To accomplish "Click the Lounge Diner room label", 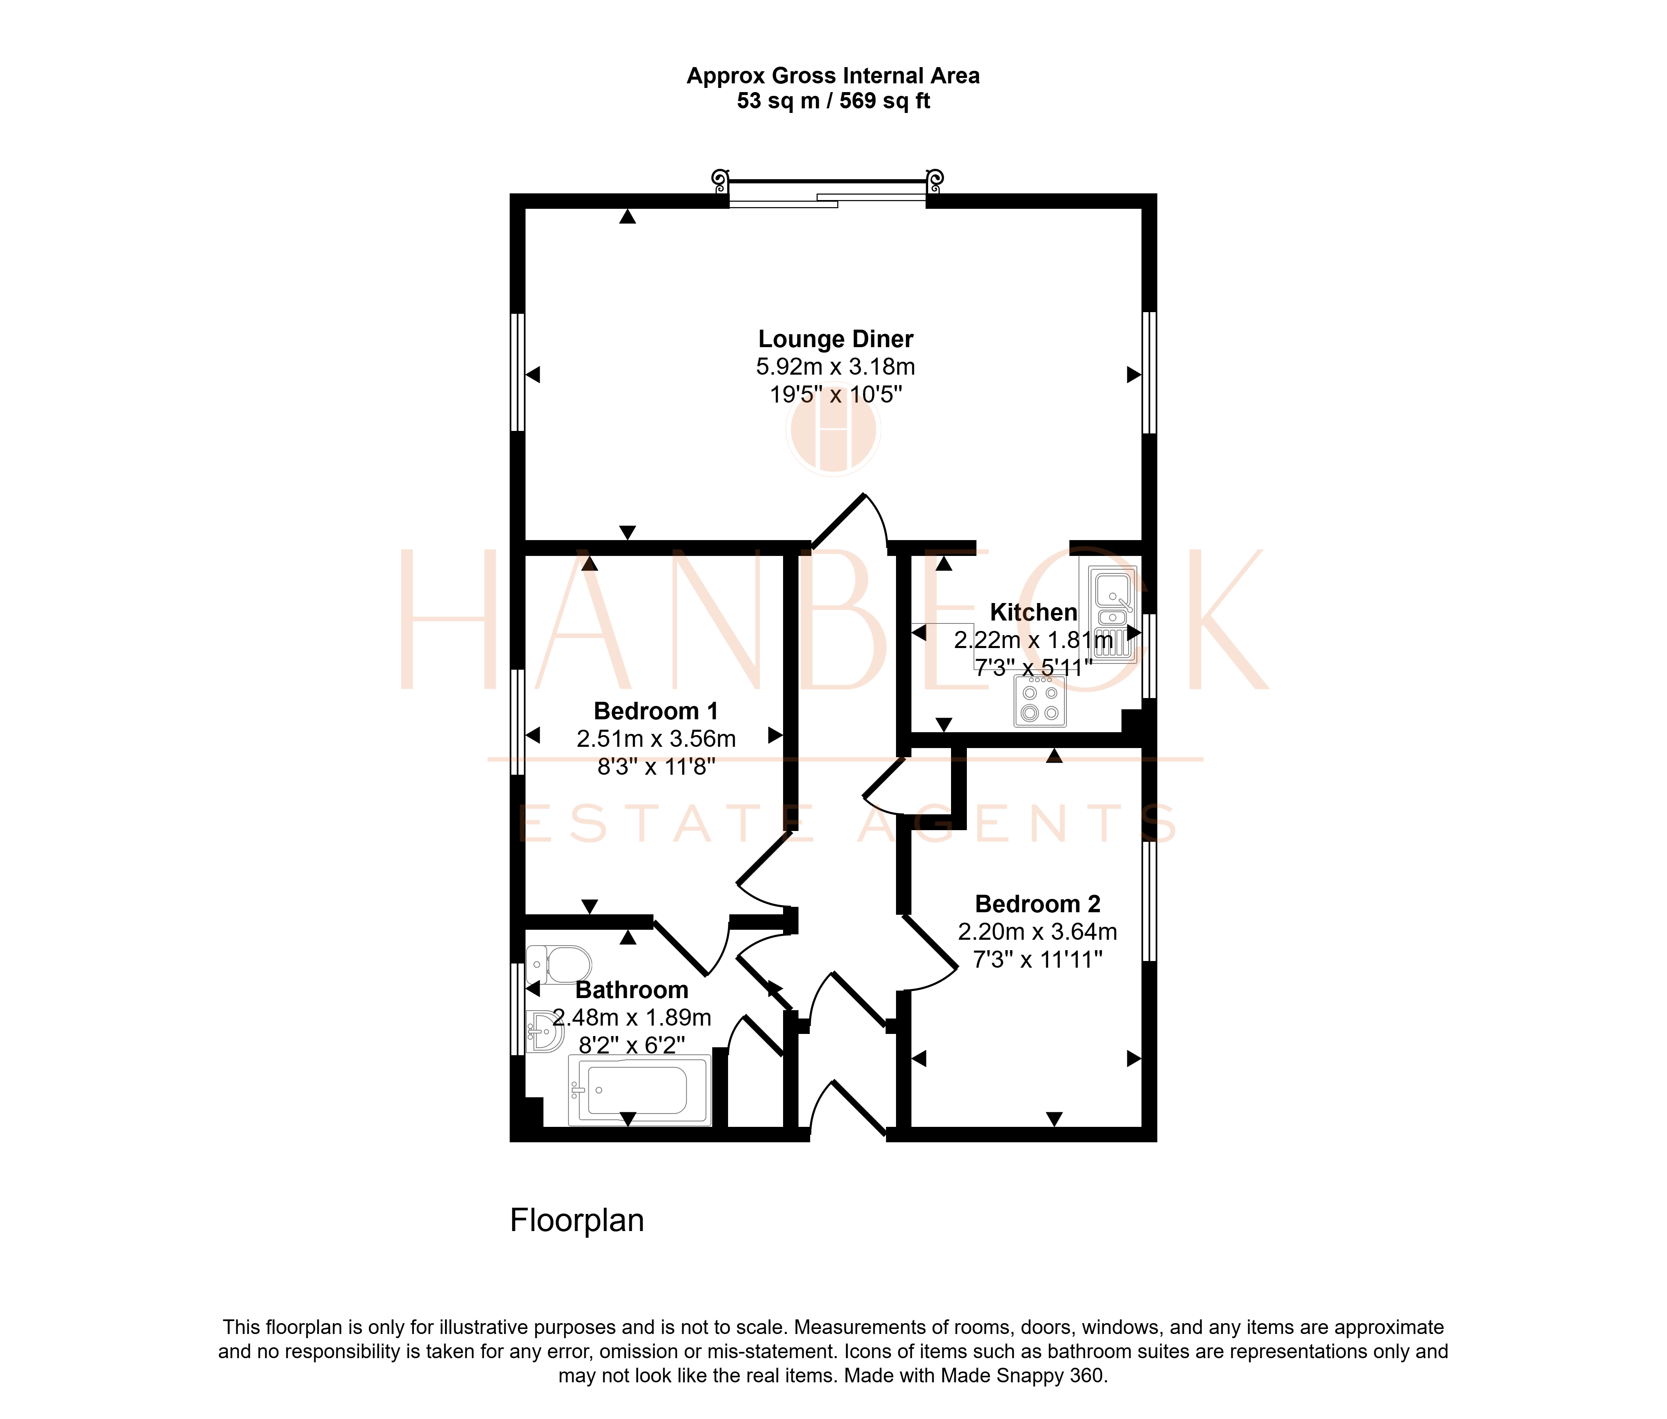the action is point(835,340).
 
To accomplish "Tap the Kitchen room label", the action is point(1033,612).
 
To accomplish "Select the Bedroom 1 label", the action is point(656,711).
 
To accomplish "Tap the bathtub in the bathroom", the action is point(640,1090).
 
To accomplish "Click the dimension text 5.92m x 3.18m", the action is point(835,367).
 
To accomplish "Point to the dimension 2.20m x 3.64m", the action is point(1037,931).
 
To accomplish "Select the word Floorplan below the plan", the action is point(577,1220).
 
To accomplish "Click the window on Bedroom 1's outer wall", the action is point(517,721).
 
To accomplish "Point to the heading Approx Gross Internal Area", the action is point(833,75).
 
